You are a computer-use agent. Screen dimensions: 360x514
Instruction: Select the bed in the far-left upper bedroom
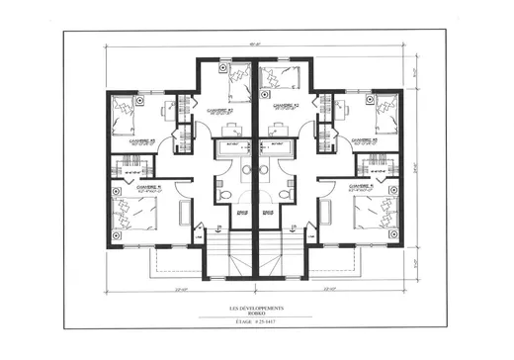124,115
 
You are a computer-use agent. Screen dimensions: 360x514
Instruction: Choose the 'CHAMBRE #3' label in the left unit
144,141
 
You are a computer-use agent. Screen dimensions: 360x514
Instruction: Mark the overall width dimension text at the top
257,43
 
